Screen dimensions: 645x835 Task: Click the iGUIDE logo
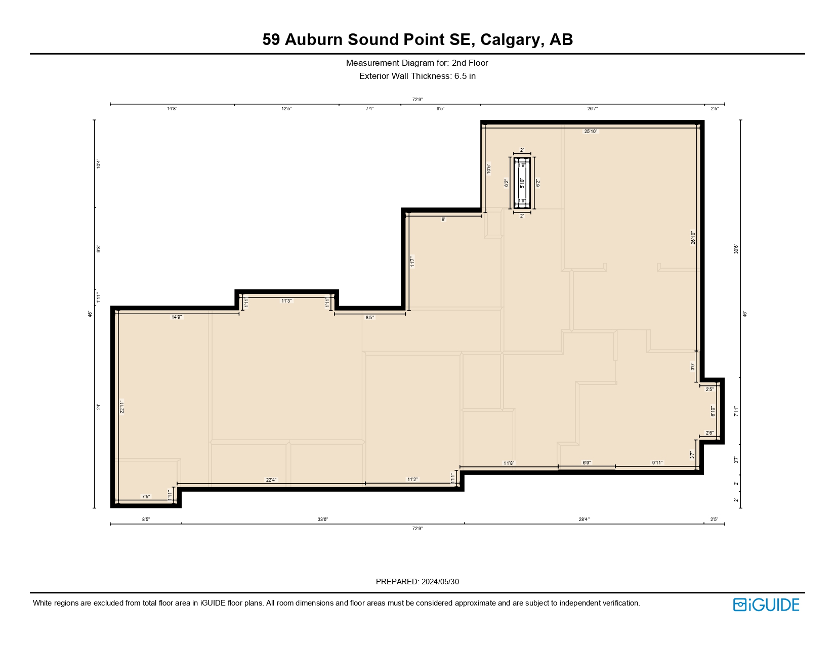pyautogui.click(x=766, y=605)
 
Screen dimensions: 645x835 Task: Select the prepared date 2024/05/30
pyautogui.click(x=440, y=582)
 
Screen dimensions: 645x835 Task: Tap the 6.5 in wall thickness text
pyautogui.click(x=465, y=76)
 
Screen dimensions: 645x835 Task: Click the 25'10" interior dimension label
pyautogui.click(x=591, y=132)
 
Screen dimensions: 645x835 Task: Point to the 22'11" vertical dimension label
pyautogui.click(x=121, y=407)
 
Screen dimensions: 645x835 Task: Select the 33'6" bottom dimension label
pyautogui.click(x=323, y=520)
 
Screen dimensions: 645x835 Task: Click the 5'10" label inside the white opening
pyautogui.click(x=522, y=183)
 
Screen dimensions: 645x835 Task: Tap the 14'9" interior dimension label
pyautogui.click(x=177, y=317)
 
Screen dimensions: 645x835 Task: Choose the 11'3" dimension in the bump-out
pyautogui.click(x=286, y=301)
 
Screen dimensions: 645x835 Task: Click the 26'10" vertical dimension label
pyautogui.click(x=693, y=238)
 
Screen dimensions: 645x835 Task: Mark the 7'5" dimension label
pyautogui.click(x=146, y=497)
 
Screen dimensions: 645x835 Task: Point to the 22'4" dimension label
pyautogui.click(x=271, y=480)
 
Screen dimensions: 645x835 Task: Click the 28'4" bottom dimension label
pyautogui.click(x=584, y=520)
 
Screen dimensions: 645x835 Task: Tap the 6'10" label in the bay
pyautogui.click(x=713, y=412)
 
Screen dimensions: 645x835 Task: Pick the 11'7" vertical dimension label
pyautogui.click(x=412, y=262)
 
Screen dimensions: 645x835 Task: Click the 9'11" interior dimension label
pyautogui.click(x=657, y=463)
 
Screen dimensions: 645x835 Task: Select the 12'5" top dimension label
pyautogui.click(x=286, y=109)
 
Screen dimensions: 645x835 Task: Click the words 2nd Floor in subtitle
pyautogui.click(x=470, y=63)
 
